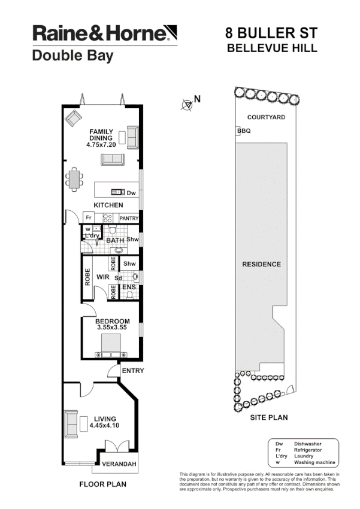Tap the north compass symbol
[x=187, y=105]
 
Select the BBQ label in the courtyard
[x=244, y=131]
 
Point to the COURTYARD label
[x=267, y=117]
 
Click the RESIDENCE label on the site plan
[x=261, y=264]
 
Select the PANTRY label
[x=129, y=219]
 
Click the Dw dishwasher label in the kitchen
[x=131, y=192]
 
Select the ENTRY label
[x=132, y=371]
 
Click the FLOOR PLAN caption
[x=102, y=483]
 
